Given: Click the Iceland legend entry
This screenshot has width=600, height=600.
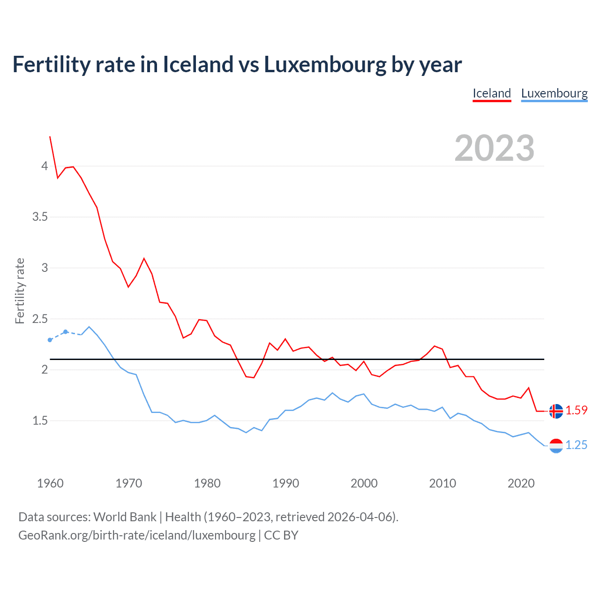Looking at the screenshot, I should pos(492,93).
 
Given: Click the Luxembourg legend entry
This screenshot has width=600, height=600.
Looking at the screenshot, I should pos(554,93).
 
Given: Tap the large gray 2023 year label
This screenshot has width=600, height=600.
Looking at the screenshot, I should pos(495,148).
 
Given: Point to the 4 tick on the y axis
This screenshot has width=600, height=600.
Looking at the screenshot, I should pos(45,166).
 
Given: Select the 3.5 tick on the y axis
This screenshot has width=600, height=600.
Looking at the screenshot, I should pos(40,217).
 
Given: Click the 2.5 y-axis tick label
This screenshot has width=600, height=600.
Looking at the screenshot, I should pos(40,319).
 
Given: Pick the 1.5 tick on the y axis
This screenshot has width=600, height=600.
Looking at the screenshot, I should pos(40,421).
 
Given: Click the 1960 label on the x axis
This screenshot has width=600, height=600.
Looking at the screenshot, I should pos(50,483).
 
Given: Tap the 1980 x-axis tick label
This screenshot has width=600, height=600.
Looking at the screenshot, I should pos(207,483).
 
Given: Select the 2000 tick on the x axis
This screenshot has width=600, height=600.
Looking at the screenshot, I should pos(364,483).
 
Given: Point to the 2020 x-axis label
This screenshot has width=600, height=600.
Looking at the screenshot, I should pos(521,483).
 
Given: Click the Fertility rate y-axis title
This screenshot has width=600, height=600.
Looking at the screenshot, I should pos(20,291).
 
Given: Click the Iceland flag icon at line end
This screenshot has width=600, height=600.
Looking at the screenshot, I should pos(556,411).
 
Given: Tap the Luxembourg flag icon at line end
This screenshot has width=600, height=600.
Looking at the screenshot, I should pos(556,445).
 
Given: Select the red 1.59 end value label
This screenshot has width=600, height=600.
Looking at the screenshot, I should pos(576,410).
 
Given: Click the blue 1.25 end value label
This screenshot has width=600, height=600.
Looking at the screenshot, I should pos(576,445).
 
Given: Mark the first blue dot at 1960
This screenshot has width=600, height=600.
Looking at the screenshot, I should pos(50,340).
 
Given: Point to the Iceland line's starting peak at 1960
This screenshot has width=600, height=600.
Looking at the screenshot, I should pos(50,137).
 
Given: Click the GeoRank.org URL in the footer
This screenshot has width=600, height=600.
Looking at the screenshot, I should pos(137,535).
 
